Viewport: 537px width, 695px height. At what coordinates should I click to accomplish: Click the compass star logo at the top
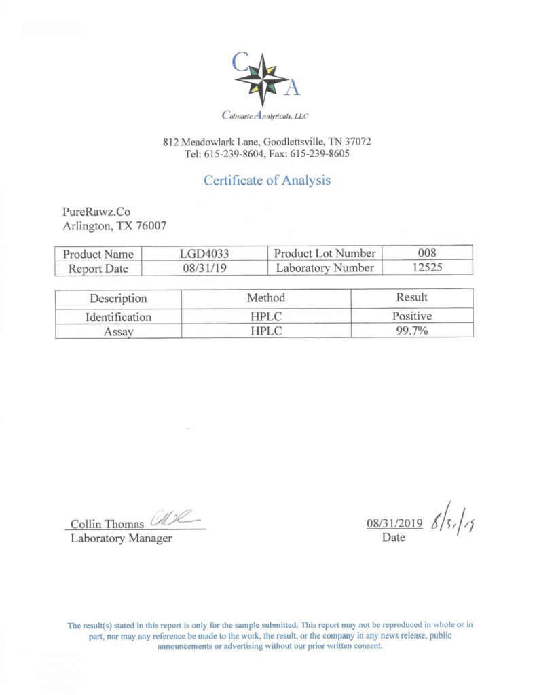[x=261, y=79]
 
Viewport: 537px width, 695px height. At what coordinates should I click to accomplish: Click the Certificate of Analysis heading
[x=267, y=181]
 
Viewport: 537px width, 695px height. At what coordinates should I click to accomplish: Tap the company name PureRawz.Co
[x=96, y=212]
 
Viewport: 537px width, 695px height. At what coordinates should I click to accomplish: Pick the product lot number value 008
[x=428, y=253]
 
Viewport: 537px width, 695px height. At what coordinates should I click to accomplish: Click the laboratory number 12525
[x=428, y=268]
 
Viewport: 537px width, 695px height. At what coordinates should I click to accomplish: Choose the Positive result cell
[x=411, y=316]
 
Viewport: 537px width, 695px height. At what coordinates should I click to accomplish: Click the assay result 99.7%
[x=411, y=331]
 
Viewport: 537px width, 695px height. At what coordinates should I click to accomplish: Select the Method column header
[x=266, y=298]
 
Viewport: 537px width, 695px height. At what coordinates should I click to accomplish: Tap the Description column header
[x=118, y=299]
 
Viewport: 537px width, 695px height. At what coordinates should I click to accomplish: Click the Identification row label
[x=118, y=317]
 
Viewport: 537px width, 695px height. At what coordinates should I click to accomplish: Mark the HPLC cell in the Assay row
[x=266, y=331]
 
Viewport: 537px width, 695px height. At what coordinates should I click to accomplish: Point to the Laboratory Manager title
[x=122, y=539]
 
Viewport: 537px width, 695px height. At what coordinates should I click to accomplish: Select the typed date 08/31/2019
[x=394, y=524]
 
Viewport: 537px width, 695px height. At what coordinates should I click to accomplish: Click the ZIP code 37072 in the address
[x=356, y=142]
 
